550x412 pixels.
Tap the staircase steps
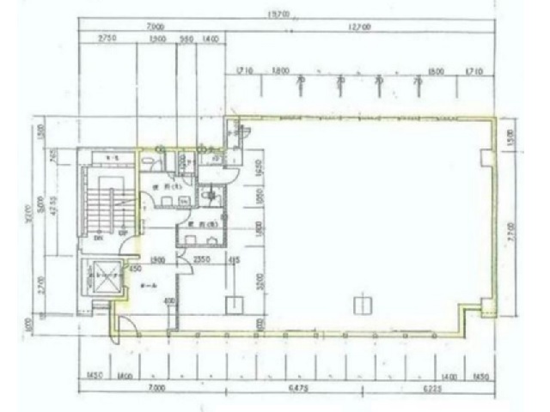coord(106,206)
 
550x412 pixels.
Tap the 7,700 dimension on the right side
coord(510,230)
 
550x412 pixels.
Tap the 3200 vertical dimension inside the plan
coord(259,283)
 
